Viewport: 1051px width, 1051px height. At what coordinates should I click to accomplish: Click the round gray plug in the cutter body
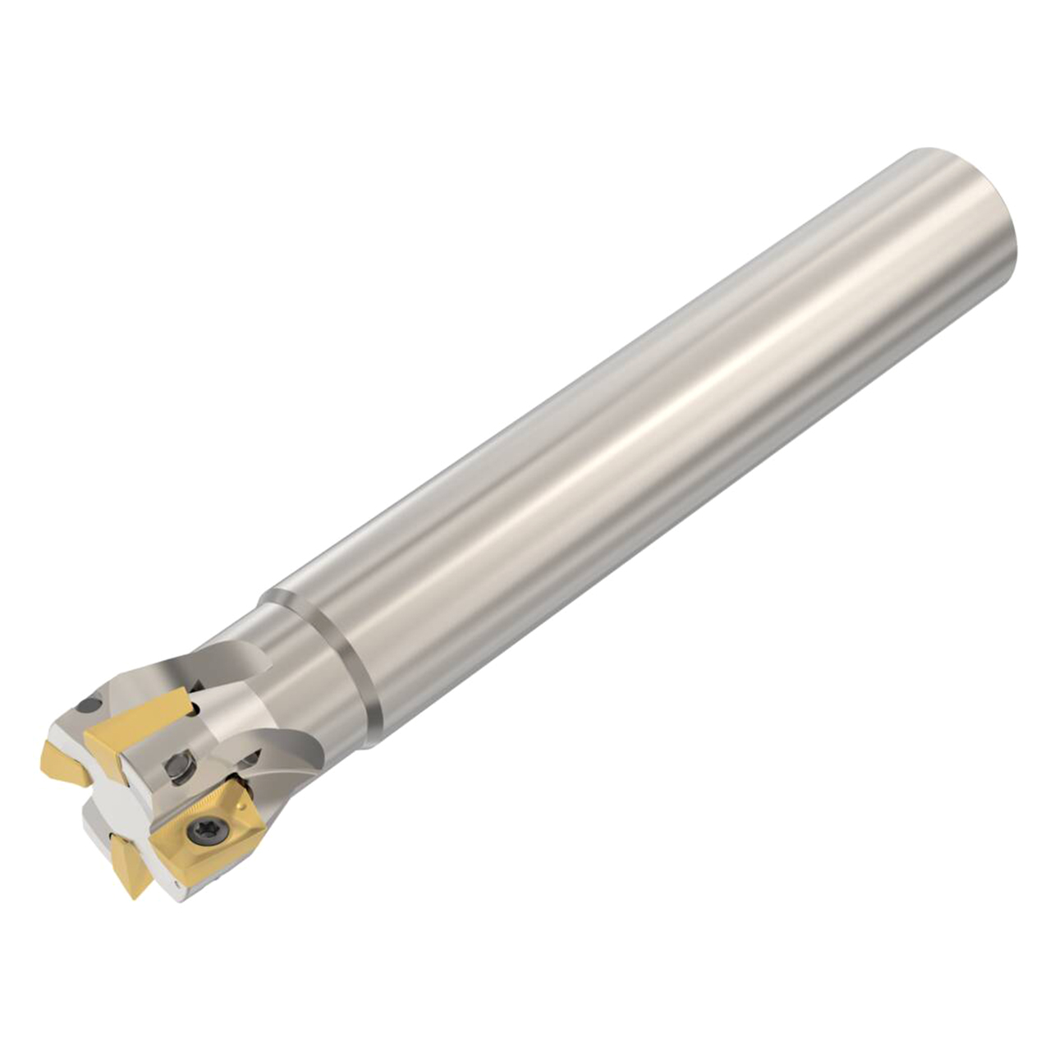click(178, 766)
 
